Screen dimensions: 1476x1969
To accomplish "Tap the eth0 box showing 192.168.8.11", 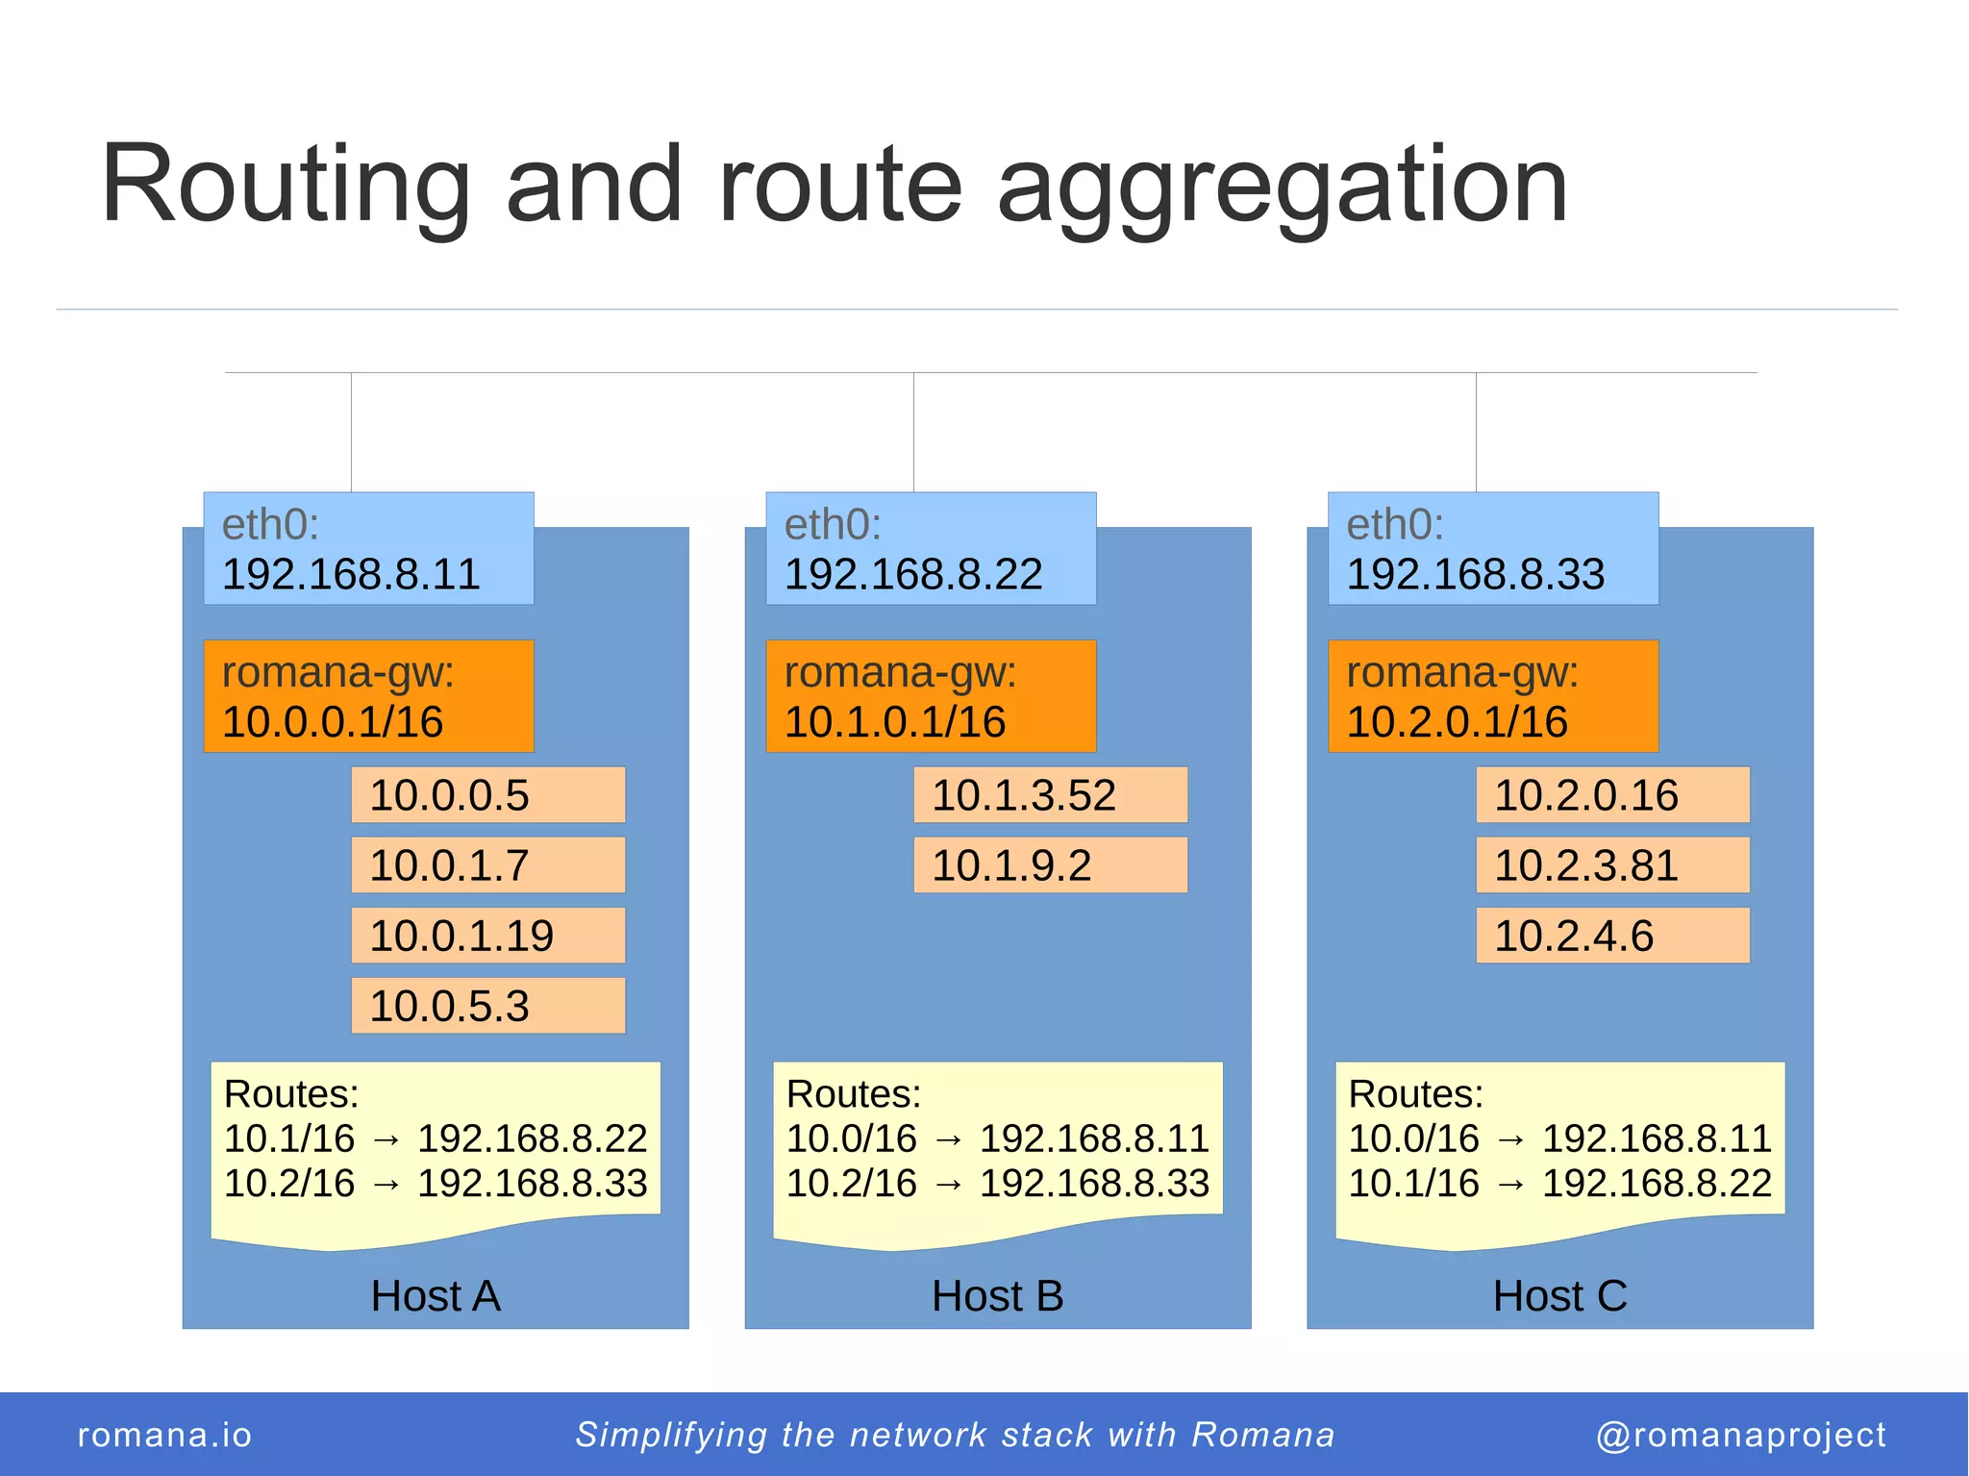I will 368,549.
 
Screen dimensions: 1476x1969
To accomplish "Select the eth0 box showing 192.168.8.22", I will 931,549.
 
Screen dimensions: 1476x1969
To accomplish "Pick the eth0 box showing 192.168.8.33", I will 1493,549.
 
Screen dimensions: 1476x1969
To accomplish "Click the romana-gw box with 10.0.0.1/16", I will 368,696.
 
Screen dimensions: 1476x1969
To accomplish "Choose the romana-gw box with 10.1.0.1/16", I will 931,696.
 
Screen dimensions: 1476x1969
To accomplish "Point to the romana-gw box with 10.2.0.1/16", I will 1493,696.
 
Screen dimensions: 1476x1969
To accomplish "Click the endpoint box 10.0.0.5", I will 488,795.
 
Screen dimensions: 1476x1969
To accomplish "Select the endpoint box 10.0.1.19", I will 488,936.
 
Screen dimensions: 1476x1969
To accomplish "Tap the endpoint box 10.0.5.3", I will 488,1006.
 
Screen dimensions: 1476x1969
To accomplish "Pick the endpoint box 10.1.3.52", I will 1051,795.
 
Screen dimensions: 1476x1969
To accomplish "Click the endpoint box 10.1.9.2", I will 1051,865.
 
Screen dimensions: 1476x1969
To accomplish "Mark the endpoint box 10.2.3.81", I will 1613,865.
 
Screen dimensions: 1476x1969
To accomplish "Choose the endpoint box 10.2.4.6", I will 1613,936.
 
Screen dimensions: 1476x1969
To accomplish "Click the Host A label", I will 436,1296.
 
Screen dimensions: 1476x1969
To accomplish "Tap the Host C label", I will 1559,1296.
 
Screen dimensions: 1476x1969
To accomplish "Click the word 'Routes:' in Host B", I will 854,1094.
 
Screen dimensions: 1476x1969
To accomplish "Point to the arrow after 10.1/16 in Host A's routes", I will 386,1140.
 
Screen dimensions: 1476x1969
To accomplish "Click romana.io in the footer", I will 164,1435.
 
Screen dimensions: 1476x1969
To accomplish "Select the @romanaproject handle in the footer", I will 1740,1435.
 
